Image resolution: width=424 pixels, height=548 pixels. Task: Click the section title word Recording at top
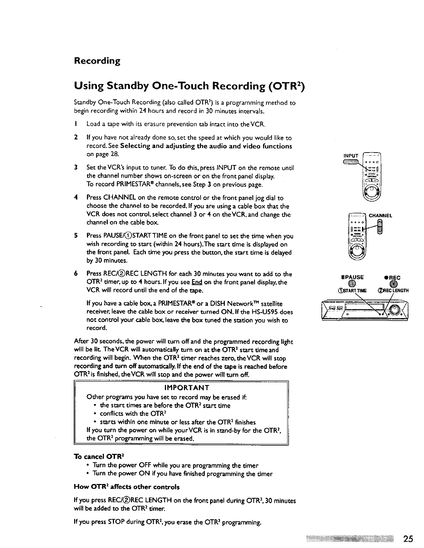(97, 61)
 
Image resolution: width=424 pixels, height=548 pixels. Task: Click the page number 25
(408, 539)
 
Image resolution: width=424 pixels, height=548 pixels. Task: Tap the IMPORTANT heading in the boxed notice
(182, 387)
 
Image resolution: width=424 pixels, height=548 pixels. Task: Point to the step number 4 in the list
(76, 198)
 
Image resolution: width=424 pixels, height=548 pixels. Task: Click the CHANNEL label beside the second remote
(380, 216)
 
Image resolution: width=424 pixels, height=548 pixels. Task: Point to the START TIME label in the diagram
(352, 291)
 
